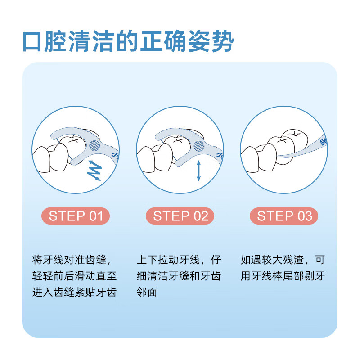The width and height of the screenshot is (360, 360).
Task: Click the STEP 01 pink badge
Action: (x=76, y=216)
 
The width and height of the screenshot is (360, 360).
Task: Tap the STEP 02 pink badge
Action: (x=180, y=216)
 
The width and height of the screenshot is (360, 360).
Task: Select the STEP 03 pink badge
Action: (x=284, y=216)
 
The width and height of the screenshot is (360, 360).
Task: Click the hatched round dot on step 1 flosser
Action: (x=94, y=145)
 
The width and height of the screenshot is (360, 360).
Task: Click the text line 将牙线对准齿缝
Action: (x=71, y=260)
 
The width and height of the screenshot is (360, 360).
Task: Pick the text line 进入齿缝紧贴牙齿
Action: (x=75, y=292)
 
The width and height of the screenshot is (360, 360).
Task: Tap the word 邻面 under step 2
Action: (x=147, y=292)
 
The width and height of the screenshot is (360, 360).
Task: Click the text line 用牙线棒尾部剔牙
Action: (x=283, y=276)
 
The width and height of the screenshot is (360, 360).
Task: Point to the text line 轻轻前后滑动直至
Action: (x=75, y=276)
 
